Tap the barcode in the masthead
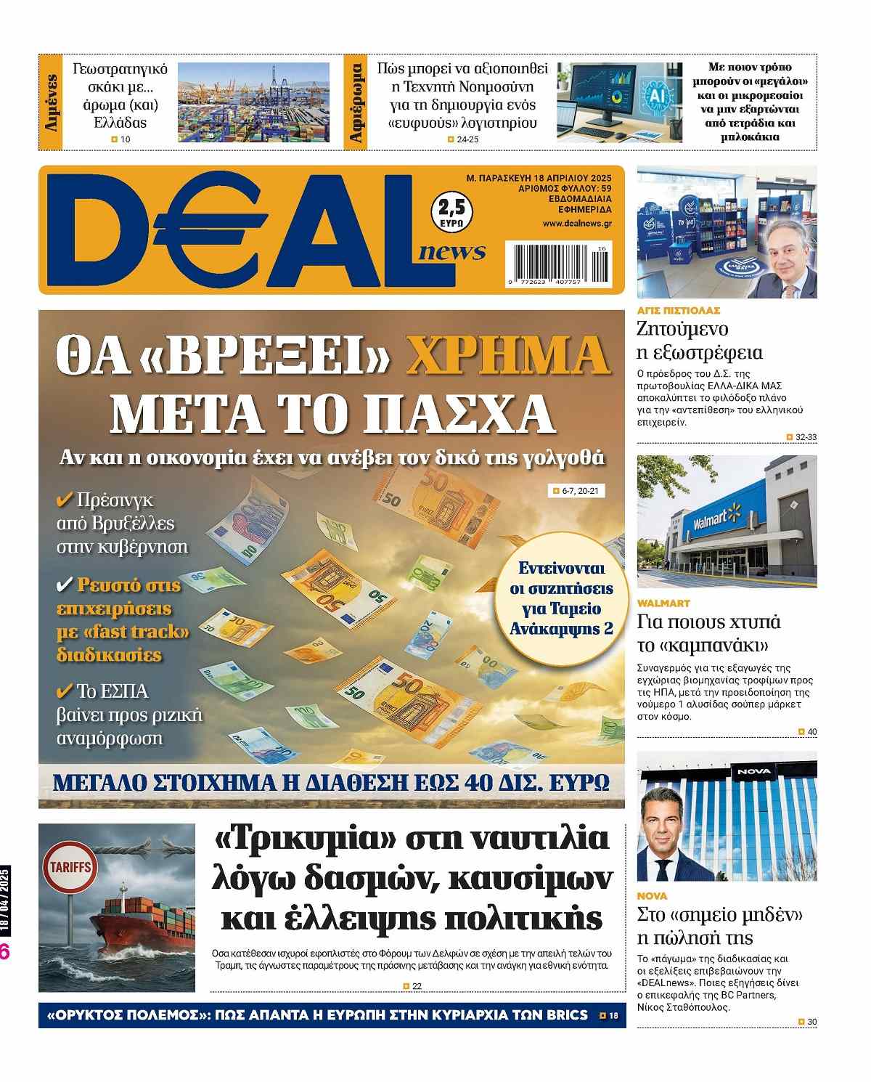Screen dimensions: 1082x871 click(560, 263)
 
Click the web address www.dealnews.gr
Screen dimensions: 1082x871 click(576, 224)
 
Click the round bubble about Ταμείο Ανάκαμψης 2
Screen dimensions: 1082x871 click(561, 598)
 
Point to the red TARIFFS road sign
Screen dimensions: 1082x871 click(70, 868)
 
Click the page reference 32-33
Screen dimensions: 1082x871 click(806, 437)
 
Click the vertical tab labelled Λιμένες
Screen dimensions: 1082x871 click(51, 102)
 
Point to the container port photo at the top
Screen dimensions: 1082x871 click(253, 102)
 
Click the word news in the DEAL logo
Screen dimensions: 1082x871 click(451, 251)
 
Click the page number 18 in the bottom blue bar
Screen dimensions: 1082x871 click(613, 1015)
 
